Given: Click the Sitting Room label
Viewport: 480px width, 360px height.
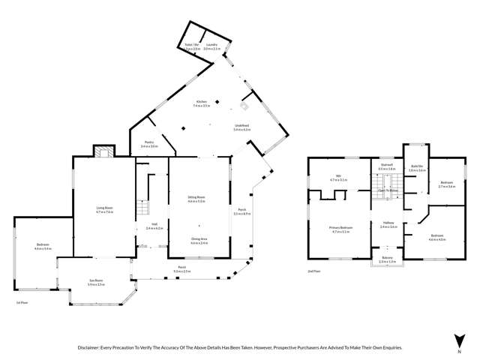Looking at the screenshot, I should click(x=196, y=199).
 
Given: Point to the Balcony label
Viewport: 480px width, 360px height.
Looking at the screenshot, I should click(x=387, y=259).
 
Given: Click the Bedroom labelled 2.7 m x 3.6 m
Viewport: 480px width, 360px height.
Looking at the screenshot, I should click(x=447, y=184).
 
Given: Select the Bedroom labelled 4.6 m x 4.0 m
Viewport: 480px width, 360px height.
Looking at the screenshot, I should click(x=437, y=238).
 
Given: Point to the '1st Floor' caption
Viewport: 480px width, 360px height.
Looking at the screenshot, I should click(x=22, y=303).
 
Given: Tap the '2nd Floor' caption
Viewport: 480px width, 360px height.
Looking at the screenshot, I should click(x=313, y=271).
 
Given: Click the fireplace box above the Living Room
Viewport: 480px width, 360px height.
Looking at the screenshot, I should click(x=103, y=151).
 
